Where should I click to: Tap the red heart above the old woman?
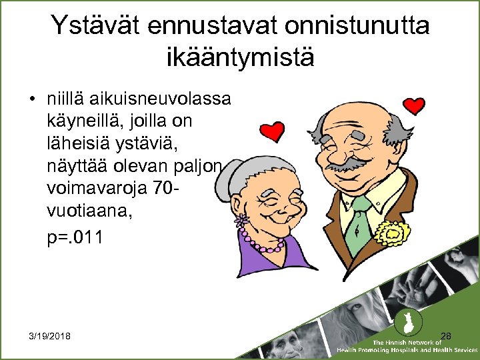pos(271,132)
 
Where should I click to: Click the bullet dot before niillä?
pos(32,100)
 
